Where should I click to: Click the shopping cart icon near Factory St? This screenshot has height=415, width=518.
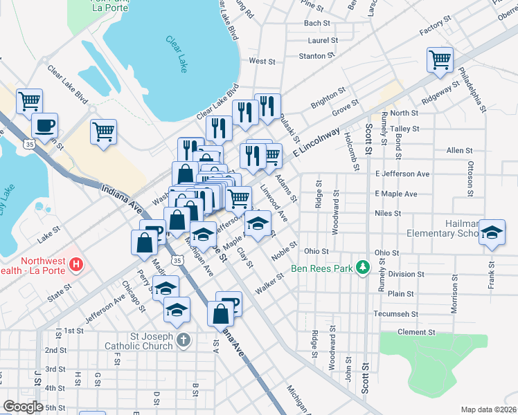pos(440,59)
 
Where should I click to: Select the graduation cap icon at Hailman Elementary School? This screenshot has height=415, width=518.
pos(492,232)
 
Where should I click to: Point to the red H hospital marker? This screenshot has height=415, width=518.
pos(77,264)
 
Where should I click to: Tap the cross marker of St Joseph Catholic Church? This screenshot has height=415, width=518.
pos(182,340)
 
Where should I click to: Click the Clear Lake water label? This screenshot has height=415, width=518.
pos(177,55)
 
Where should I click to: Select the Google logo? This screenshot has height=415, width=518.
pos(24,406)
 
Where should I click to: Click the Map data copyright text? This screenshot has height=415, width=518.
pos(488,409)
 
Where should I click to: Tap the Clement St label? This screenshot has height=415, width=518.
pos(416,332)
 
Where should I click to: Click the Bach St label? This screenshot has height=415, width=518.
pos(316,23)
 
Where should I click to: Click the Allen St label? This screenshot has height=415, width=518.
pos(459,150)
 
